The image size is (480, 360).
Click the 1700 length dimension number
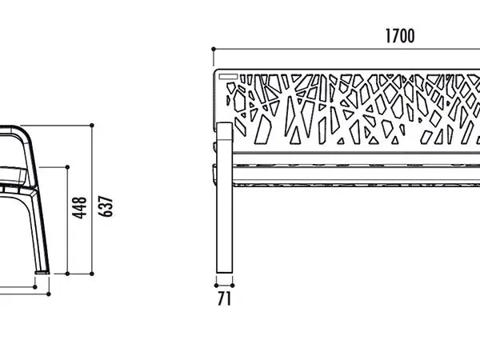click(x=400, y=36)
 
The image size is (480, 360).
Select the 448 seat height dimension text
click(x=79, y=208)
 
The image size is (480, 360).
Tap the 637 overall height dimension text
click(x=106, y=206)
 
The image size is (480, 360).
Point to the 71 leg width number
click(x=224, y=298)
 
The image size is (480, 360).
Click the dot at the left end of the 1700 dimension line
click(x=214, y=49)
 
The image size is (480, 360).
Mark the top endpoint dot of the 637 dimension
click(x=92, y=126)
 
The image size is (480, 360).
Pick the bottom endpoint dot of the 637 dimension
click(x=92, y=274)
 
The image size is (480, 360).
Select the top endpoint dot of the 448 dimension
click(x=67, y=167)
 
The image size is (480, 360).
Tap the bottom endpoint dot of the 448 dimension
click(x=67, y=274)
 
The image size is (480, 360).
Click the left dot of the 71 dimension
click(x=216, y=286)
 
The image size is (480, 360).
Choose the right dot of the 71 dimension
click(x=232, y=286)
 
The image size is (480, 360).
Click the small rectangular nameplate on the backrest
click(x=228, y=77)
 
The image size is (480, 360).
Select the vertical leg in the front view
click(x=224, y=198)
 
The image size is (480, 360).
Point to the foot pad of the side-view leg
click(x=42, y=272)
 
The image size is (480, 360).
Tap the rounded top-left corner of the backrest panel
click(x=216, y=72)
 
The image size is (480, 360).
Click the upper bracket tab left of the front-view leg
click(x=214, y=146)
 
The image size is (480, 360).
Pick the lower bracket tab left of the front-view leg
click(x=214, y=174)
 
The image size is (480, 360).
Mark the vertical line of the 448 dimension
click(x=67, y=221)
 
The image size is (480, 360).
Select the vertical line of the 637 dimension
click(x=92, y=199)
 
